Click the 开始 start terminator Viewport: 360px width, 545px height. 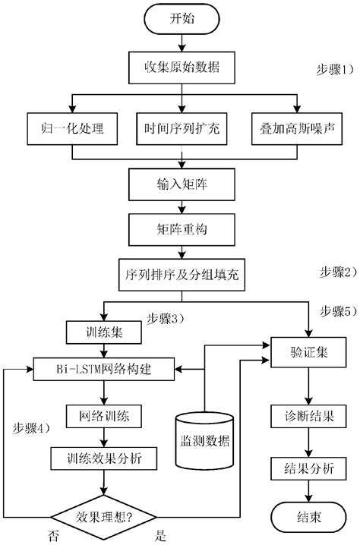181,20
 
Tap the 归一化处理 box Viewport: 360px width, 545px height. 73,128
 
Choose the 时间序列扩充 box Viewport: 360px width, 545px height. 181,128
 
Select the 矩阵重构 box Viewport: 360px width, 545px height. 181,226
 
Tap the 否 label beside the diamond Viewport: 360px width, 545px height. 54,536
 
